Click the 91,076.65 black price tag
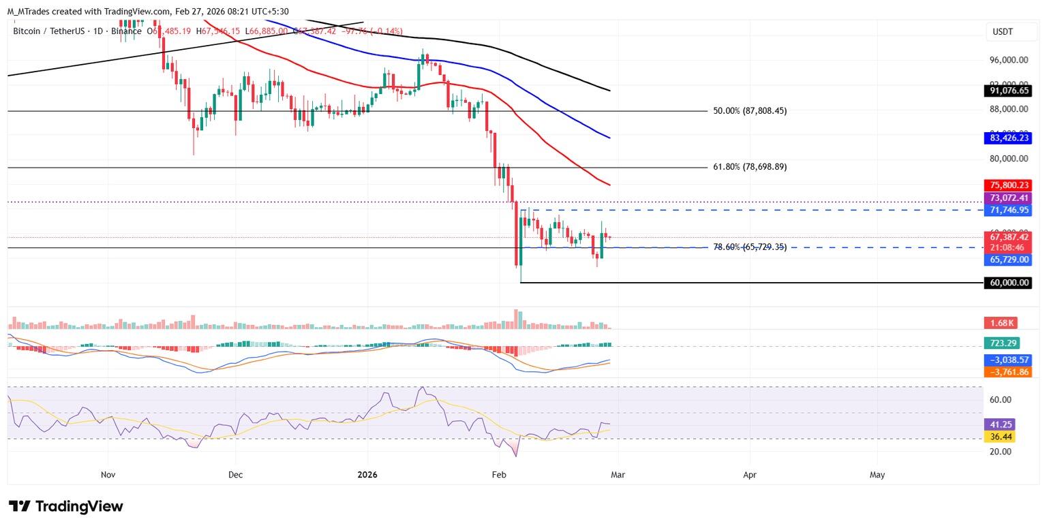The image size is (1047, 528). click(x=1007, y=90)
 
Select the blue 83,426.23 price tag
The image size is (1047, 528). click(x=1007, y=138)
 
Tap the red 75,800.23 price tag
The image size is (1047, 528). click(x=1007, y=185)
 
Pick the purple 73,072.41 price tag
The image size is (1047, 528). click(x=1007, y=198)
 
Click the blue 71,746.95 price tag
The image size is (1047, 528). click(x=1007, y=211)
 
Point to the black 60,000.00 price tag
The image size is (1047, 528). click(x=1007, y=283)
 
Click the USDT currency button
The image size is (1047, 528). click(x=1003, y=32)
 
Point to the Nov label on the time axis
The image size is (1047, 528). click(x=107, y=475)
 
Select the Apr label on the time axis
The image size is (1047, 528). click(x=750, y=475)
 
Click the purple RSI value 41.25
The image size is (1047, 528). click(x=999, y=424)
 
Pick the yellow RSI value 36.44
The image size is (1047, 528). click(x=999, y=437)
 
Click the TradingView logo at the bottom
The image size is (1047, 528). click(x=66, y=506)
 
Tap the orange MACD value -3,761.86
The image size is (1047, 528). click(x=1007, y=372)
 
